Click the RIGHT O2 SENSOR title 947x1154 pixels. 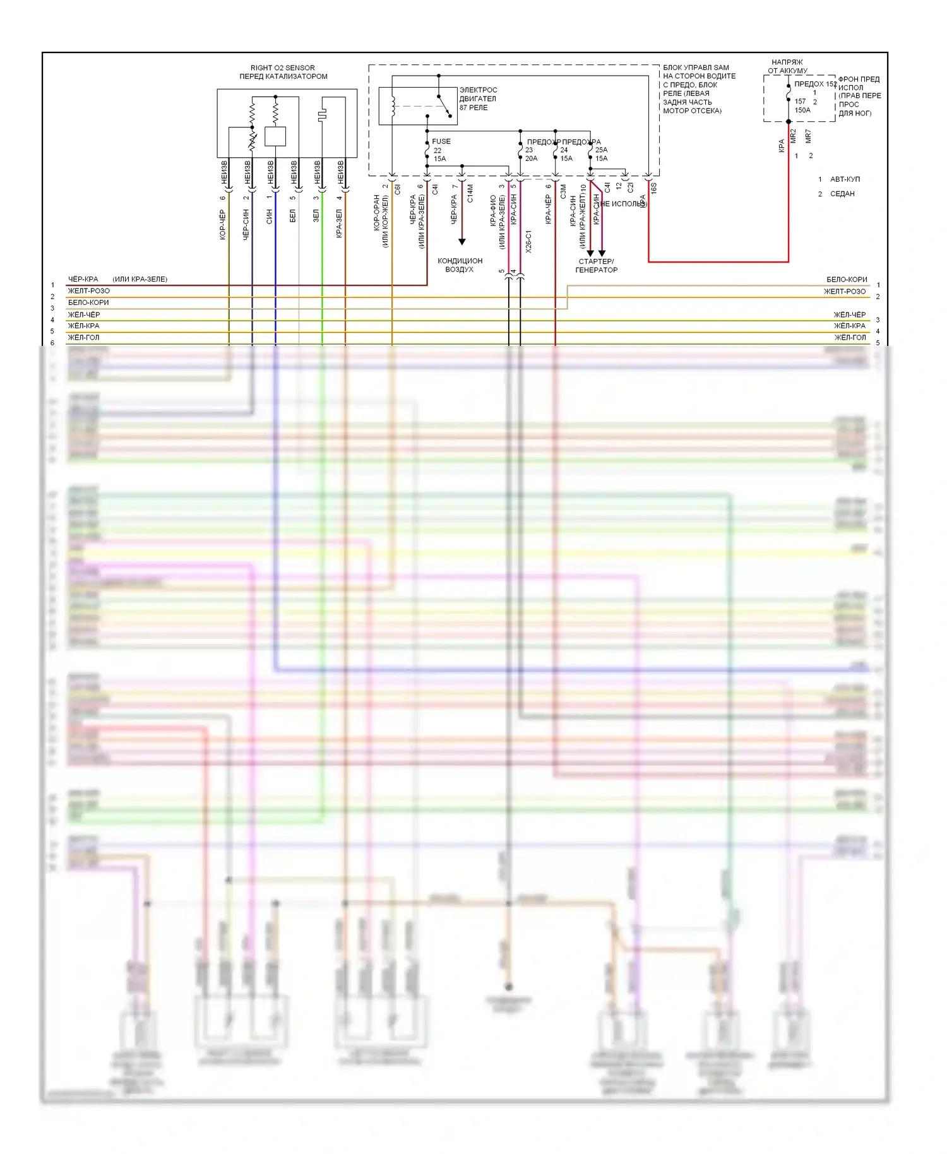(282, 68)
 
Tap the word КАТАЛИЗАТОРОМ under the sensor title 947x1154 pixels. (296, 76)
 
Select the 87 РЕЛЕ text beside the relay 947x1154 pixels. (473, 108)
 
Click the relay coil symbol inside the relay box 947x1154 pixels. (393, 106)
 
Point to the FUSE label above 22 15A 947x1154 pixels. (441, 141)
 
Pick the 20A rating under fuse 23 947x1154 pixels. (531, 158)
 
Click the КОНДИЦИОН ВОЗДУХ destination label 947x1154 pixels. (460, 265)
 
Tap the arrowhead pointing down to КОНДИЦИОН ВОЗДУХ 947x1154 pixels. (462, 242)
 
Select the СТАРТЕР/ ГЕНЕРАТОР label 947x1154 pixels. (596, 266)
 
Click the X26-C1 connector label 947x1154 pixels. (528, 241)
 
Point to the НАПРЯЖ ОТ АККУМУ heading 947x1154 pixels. (787, 66)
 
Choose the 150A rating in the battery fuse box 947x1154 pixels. (802, 110)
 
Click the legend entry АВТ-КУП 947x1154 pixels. (845, 179)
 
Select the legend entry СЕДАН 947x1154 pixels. (842, 194)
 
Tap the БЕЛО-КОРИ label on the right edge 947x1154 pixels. (847, 280)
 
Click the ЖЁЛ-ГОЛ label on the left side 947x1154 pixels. (83, 338)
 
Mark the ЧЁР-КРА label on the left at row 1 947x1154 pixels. (83, 279)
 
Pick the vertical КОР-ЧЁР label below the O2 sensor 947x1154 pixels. (223, 225)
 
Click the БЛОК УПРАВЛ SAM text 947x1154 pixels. (696, 68)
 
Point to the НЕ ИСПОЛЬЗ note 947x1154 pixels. (624, 204)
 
